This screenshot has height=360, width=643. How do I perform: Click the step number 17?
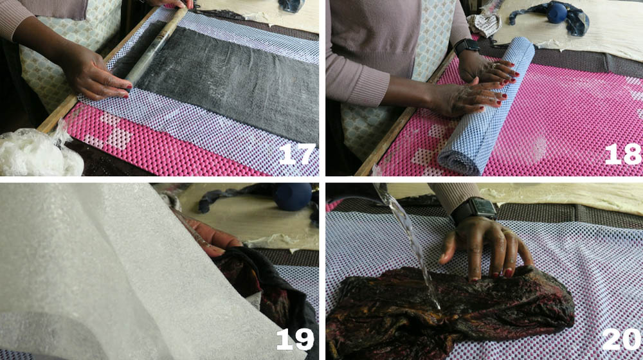297,154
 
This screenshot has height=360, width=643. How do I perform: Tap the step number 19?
295,339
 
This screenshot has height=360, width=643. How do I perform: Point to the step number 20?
622,339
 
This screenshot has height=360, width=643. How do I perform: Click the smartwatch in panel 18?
466,46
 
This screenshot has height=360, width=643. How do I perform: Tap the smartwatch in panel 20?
474,210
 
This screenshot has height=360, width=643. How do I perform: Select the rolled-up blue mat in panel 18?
487,105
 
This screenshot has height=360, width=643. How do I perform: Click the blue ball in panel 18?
556,13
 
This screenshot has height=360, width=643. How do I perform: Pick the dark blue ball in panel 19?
293,196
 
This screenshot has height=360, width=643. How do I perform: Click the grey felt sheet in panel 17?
226,82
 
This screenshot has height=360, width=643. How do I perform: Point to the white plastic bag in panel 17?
39,151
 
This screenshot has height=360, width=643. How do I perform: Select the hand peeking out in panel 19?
209,236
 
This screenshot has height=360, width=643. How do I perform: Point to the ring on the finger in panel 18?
494,66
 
